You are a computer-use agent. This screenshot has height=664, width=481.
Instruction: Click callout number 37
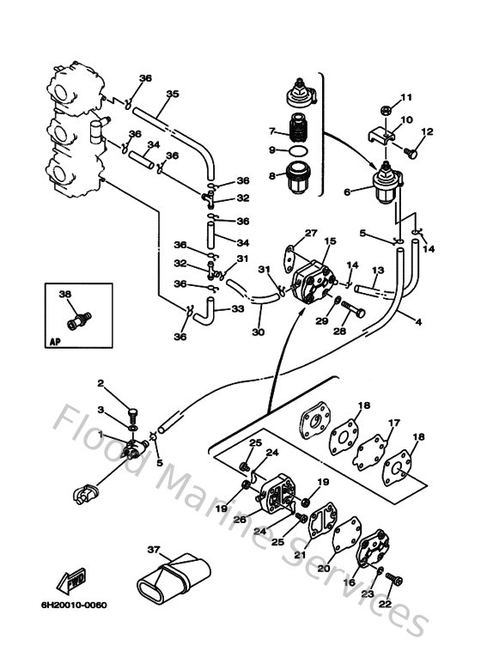tap(154, 550)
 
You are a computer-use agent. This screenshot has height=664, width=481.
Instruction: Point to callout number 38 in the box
tap(64, 294)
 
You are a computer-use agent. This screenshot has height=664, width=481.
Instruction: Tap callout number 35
tap(172, 94)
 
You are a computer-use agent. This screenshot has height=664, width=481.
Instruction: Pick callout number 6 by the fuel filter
tap(347, 192)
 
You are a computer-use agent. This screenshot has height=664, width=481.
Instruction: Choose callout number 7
tap(271, 131)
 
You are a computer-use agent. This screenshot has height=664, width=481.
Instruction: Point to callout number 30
tap(257, 332)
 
